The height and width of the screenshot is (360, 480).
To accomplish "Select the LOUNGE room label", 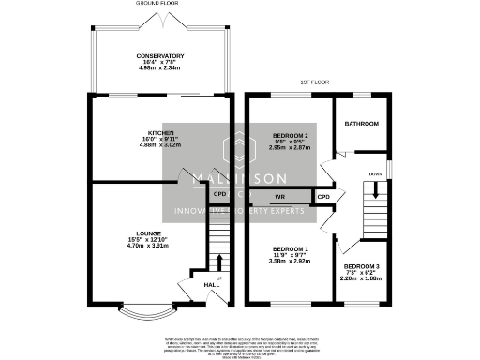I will (x=151, y=233).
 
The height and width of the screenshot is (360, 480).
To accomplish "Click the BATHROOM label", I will (x=361, y=124).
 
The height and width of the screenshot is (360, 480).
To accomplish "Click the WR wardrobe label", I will (x=279, y=197).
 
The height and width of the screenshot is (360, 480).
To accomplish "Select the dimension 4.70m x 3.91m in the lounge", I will (x=151, y=246).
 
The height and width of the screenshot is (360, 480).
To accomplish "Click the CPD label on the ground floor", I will (x=220, y=194).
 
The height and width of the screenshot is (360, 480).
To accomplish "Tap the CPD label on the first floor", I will (x=322, y=197).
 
